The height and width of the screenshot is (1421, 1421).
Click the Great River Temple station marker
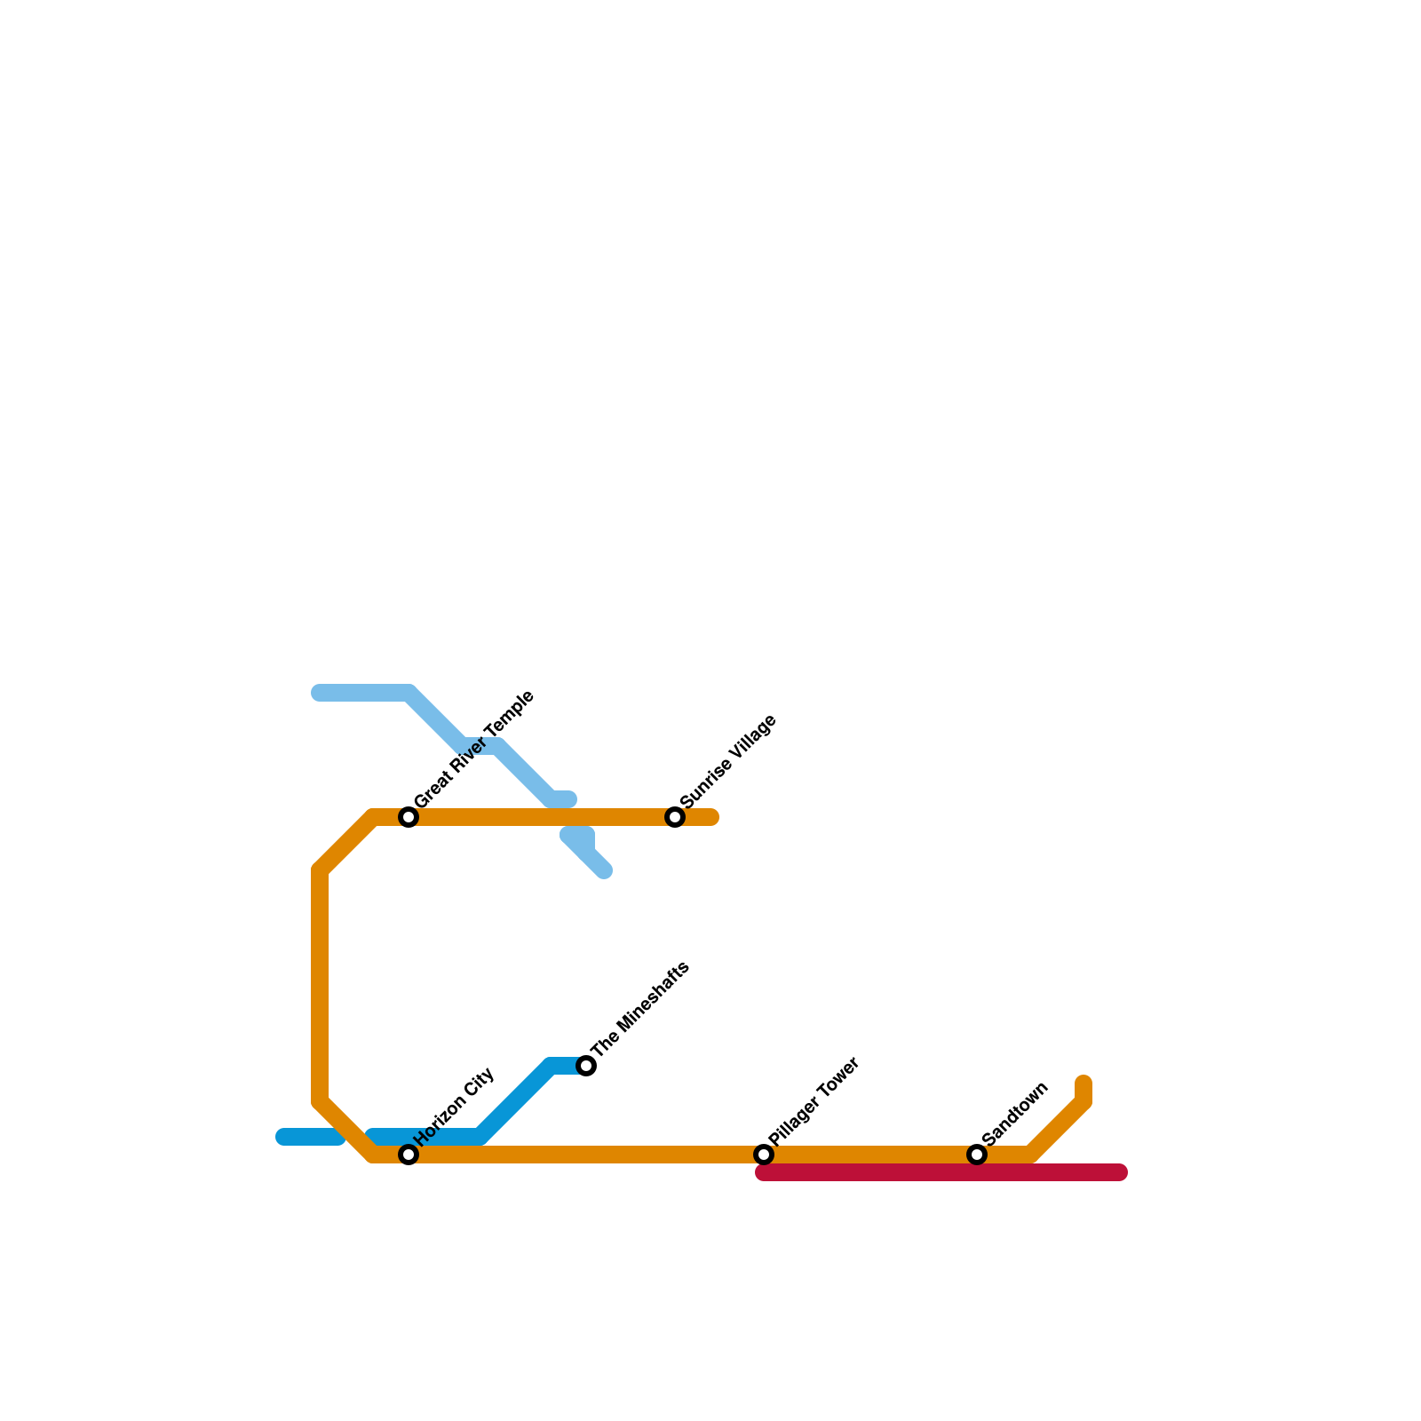pos(409,817)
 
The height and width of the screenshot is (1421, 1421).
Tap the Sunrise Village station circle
pos(675,817)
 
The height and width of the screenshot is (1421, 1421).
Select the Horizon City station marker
pos(409,1155)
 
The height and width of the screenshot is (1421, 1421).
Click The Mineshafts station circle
pos(586,1066)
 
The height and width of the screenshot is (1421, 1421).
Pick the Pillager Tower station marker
pos(764,1155)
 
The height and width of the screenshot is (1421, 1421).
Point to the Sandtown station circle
pos(977,1155)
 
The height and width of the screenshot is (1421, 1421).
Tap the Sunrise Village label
pos(728,761)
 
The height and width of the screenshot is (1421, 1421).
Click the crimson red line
pos(941,1173)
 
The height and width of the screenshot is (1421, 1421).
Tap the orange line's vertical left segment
pos(320,986)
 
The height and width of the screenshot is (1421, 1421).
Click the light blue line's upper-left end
pos(320,693)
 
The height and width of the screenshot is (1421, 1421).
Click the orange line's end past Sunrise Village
pos(711,817)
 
